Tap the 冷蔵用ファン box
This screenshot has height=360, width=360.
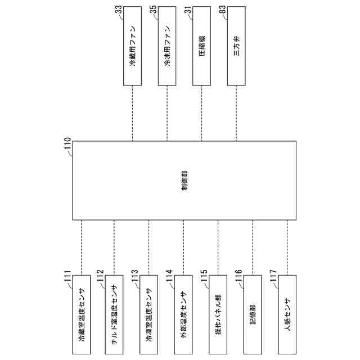(132, 47)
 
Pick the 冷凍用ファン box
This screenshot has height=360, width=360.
(167, 47)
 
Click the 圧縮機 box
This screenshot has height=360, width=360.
(202, 47)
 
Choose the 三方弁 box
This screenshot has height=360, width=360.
(236, 47)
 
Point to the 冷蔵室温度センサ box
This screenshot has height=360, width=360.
(82, 315)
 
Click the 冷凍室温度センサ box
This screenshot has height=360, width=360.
(148, 315)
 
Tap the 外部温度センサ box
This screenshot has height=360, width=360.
(183, 315)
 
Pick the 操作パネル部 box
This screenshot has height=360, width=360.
(218, 315)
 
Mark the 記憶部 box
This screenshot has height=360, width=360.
(253, 315)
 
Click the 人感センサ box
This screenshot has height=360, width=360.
(287, 315)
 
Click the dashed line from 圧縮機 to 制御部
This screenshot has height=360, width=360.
(202, 112)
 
